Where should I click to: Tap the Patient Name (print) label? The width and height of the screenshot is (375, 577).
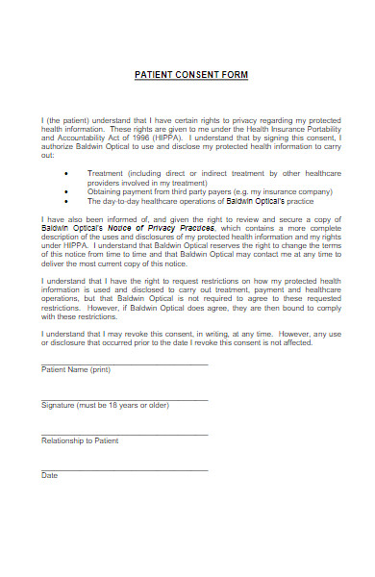tap(76, 369)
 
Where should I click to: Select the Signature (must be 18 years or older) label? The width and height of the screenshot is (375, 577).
tap(105, 405)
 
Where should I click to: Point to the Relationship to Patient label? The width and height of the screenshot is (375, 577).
tap(80, 440)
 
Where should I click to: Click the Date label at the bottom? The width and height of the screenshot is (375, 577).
tap(49, 475)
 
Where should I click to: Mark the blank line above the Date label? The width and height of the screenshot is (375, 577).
tap(124, 469)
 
